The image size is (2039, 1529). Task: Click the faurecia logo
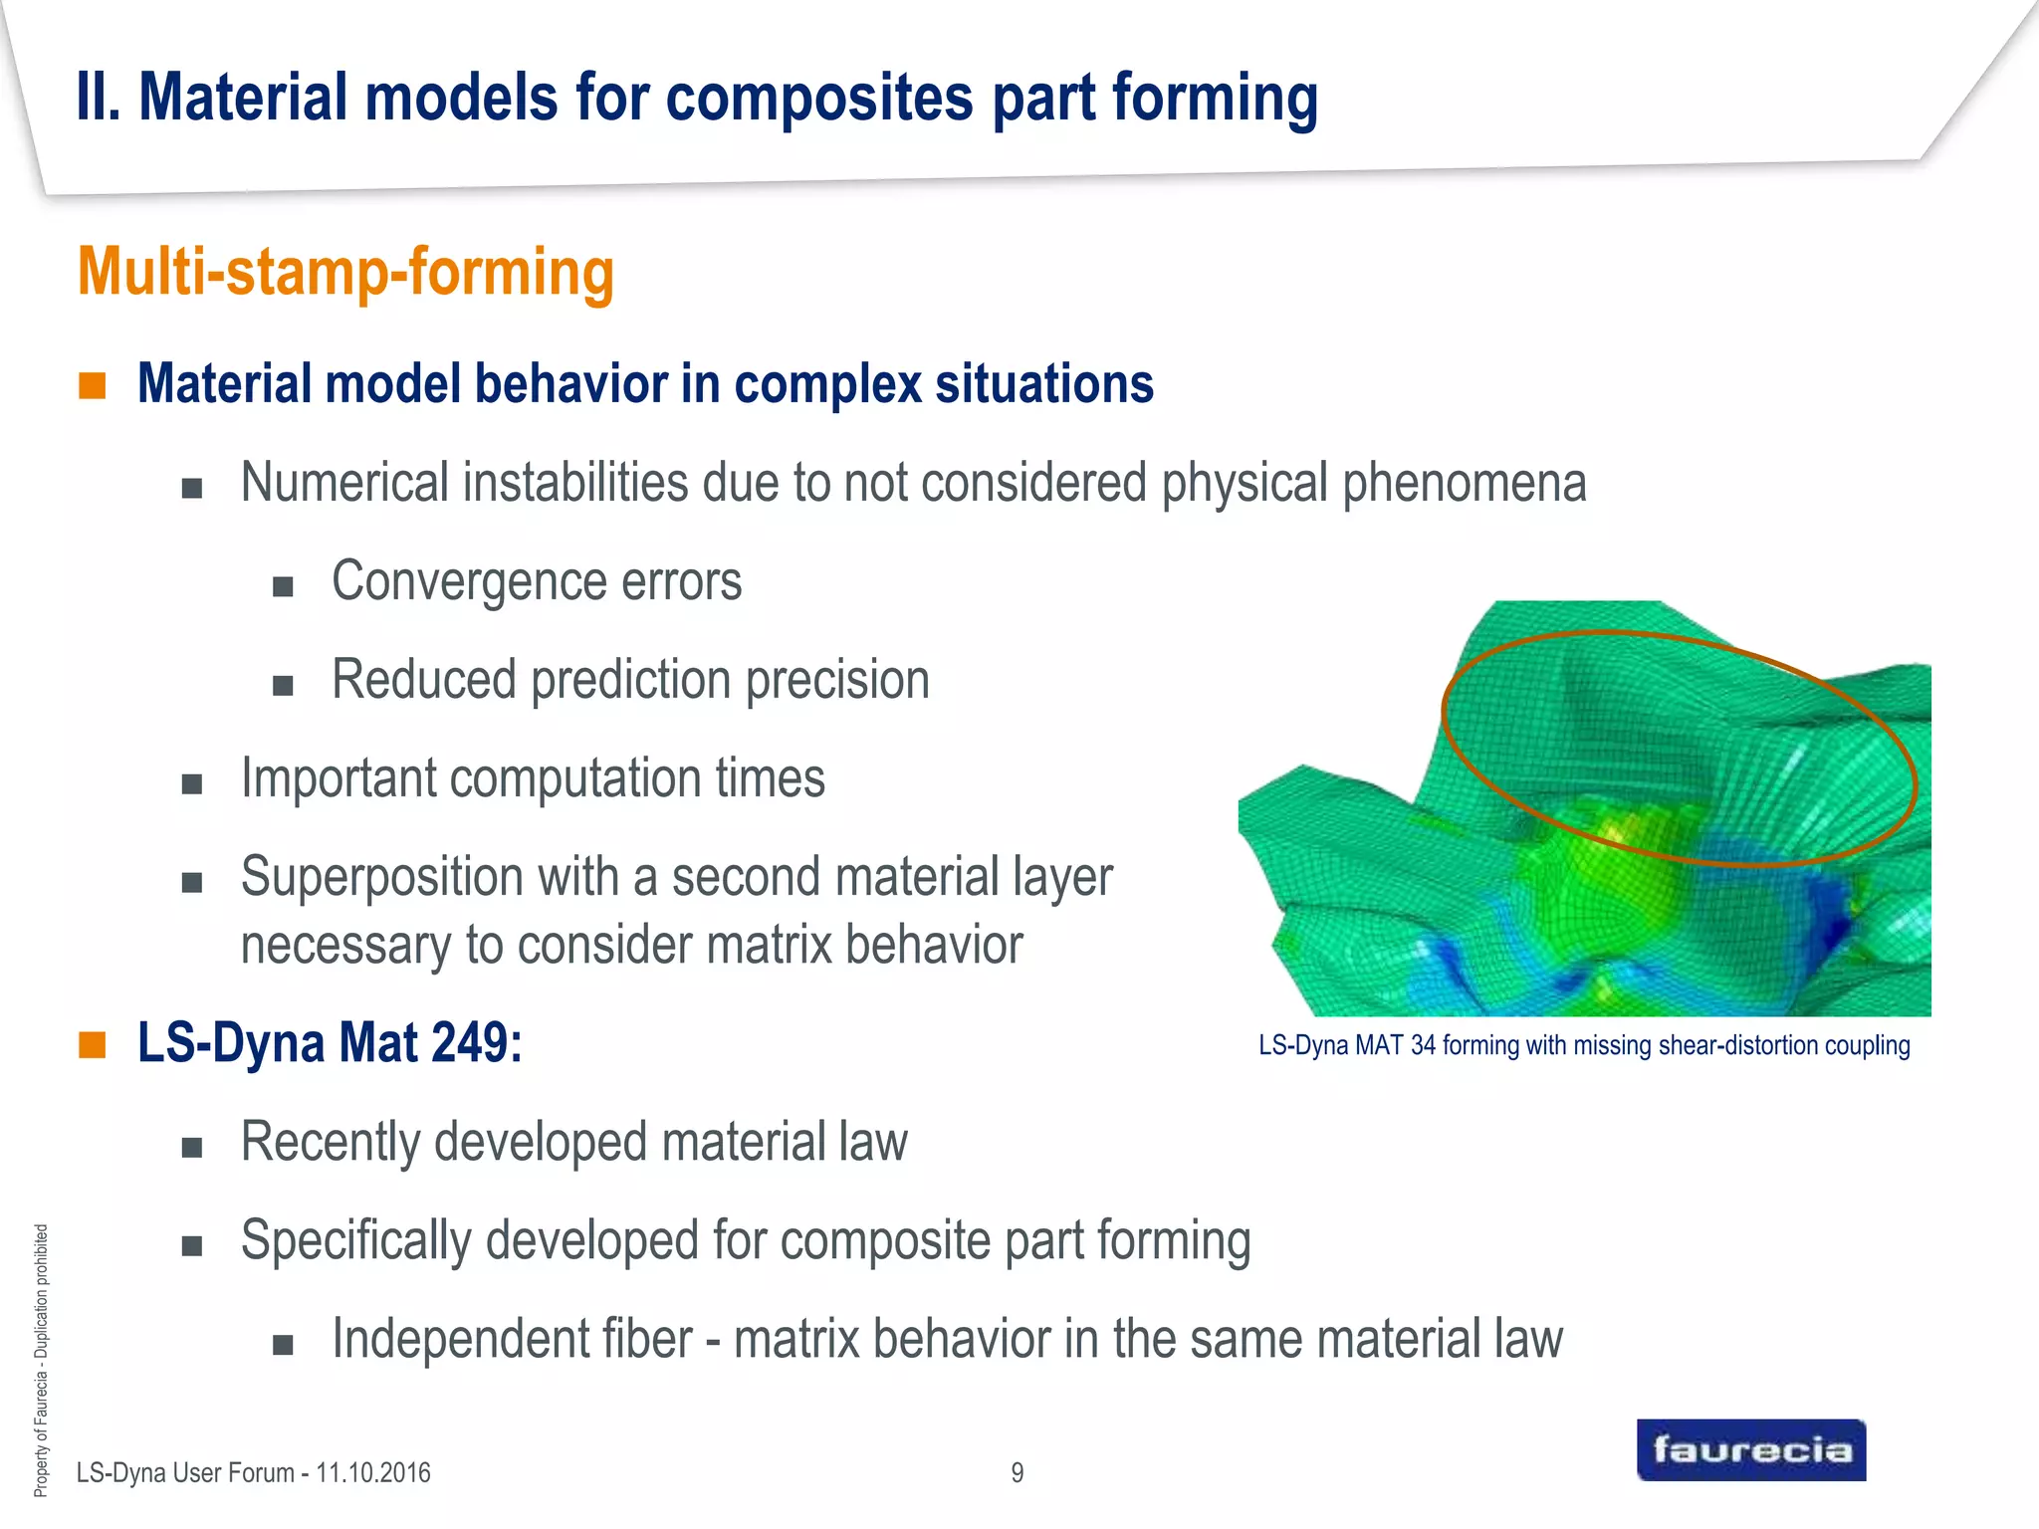(x=1750, y=1449)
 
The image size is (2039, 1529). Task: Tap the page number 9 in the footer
(x=1017, y=1472)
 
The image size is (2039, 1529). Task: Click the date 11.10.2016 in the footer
(x=373, y=1472)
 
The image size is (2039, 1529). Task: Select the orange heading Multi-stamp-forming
(x=345, y=272)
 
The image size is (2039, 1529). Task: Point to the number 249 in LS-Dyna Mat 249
(x=477, y=1043)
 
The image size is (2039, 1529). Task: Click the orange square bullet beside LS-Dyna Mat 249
(x=93, y=1044)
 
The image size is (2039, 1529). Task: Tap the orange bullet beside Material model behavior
(x=93, y=385)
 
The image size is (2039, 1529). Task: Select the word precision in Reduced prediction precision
(x=837, y=681)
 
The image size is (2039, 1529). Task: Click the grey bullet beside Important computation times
(x=192, y=783)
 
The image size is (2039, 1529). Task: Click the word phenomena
(x=1464, y=483)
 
